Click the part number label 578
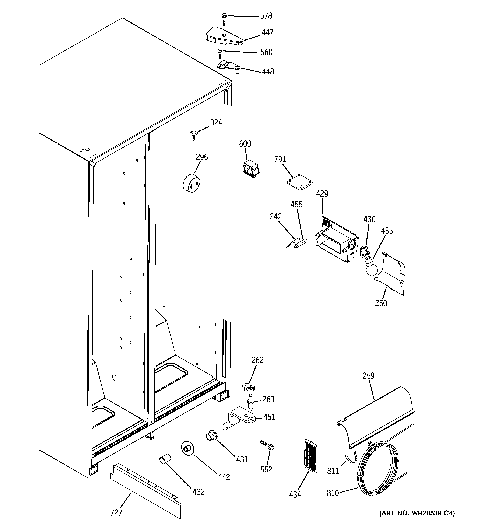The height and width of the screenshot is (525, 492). pos(266,16)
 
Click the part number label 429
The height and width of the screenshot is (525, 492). pos(322,194)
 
